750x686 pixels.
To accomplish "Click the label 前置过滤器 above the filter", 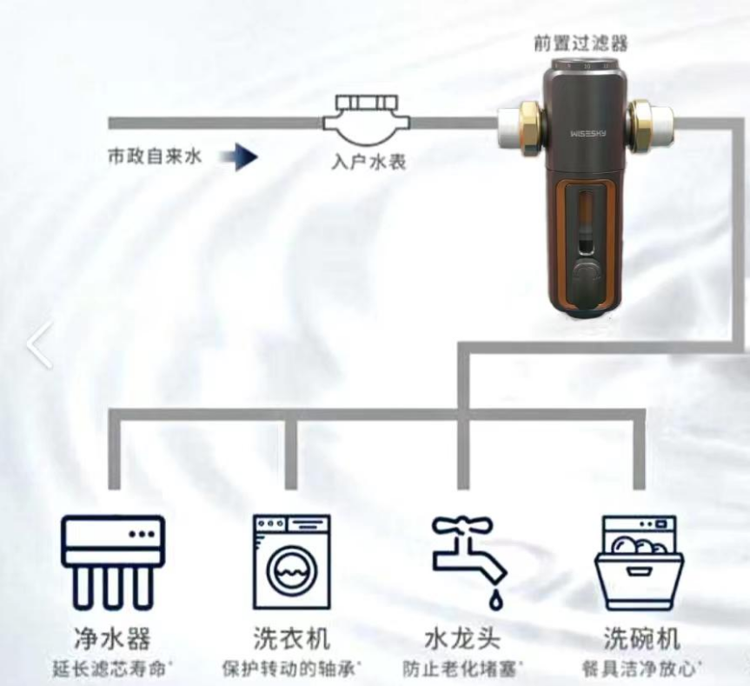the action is coord(581,43).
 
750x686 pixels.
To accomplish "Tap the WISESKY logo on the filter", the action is coord(587,134).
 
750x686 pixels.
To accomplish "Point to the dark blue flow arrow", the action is coord(239,157).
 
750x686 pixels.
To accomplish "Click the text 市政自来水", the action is coord(155,157).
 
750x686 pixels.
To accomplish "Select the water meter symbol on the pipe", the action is coord(367,120).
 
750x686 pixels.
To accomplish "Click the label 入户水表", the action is coord(368,162).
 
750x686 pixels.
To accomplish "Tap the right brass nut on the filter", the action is coord(640,127).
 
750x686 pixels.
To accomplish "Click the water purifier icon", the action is coord(113,563).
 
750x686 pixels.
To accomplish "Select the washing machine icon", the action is coord(292,562).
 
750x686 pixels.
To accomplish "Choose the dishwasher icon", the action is coord(640,563).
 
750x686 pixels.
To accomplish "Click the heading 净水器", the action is coord(112,637).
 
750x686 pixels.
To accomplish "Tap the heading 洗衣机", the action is coord(292,637).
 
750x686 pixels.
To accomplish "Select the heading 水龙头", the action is coord(462,637).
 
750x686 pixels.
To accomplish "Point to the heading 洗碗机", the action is coord(641,637).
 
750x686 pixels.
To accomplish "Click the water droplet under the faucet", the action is coord(495,600).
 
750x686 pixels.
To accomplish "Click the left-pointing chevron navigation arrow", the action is coord(38,344).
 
